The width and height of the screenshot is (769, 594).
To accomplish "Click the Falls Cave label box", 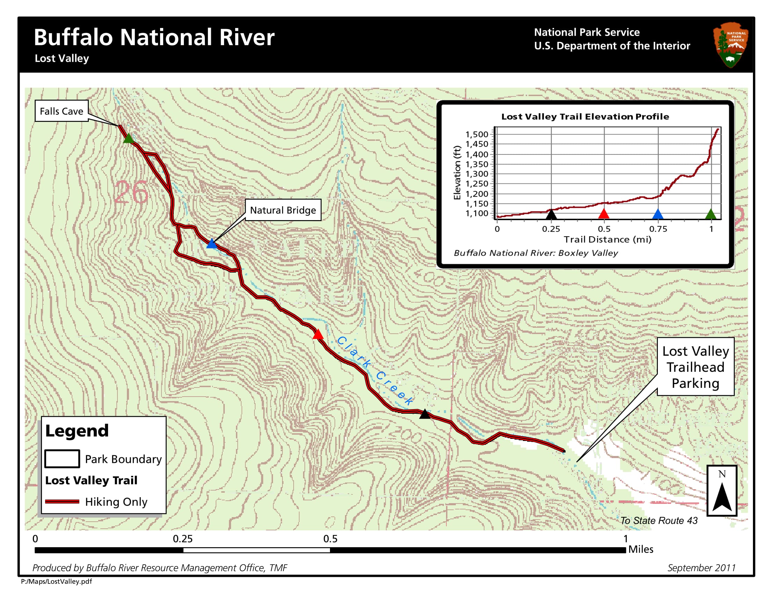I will coord(61,111).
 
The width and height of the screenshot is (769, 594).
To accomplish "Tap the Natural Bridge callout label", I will coord(283,210).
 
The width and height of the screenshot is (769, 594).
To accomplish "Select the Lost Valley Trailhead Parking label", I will coord(695,367).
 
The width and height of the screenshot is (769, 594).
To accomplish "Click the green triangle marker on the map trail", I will coord(129,139).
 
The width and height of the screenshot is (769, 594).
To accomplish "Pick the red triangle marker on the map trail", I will coord(318,335).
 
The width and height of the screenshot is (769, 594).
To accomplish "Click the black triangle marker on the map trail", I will coord(425,414).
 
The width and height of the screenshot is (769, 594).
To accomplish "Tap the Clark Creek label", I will coord(375,370).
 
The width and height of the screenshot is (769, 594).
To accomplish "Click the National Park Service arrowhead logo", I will coord(730,45).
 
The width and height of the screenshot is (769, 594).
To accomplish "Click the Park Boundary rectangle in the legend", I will coord(62,459).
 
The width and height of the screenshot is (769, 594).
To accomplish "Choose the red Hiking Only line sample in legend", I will coord(62,501).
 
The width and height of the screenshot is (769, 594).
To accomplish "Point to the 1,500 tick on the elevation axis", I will coord(477,134).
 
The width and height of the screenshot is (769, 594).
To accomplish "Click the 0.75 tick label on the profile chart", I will coord(658,229).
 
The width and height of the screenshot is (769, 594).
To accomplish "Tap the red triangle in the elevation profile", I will coord(604,214).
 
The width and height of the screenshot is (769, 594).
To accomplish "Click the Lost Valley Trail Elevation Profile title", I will coord(585,116).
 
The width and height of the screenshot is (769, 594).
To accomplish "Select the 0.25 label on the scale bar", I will coord(183,539).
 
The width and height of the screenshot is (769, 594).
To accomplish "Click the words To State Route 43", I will coord(659,521).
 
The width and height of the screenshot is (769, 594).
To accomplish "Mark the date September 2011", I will coord(702,567).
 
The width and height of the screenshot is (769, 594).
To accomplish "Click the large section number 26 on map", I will coord(131,192).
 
